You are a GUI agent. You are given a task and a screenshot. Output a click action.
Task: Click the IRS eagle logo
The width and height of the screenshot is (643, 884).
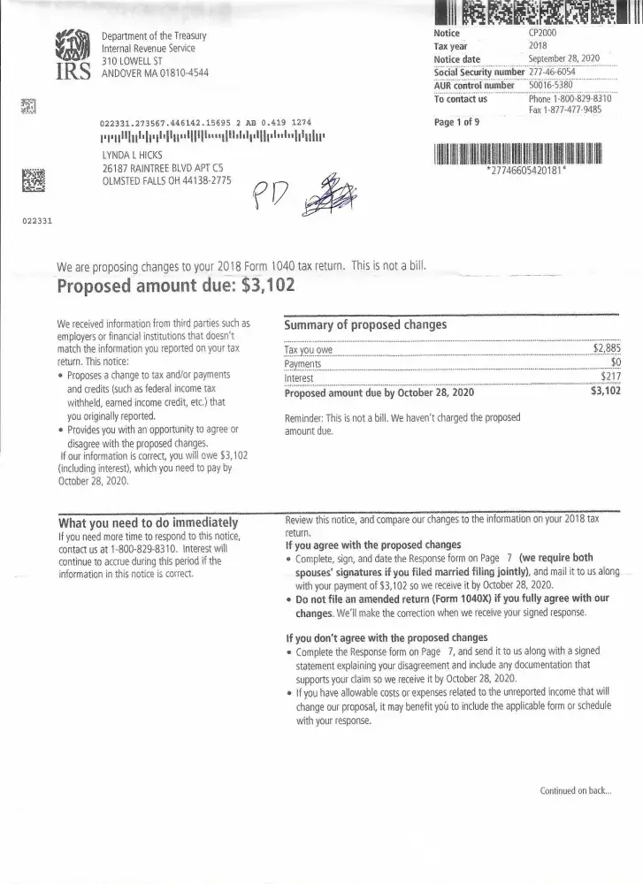coord(73,53)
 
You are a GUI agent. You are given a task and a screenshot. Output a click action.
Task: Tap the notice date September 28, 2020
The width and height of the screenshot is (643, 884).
coord(563,58)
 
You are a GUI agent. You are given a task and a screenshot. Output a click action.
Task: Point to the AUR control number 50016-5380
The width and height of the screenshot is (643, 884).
coord(550,85)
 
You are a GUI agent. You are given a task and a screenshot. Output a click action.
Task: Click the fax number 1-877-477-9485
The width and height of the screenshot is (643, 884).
coord(570,110)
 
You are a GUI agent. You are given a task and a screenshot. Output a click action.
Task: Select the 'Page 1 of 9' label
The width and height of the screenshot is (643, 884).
coord(456,123)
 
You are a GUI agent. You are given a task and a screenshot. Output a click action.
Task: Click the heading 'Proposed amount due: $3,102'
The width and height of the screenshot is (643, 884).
coord(175,286)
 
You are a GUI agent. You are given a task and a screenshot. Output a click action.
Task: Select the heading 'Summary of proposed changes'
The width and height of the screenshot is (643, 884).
coord(365,324)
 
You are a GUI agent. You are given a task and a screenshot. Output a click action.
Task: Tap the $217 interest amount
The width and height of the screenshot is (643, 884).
coord(609,377)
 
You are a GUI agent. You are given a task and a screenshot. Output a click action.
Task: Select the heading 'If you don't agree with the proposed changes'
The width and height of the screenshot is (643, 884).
coord(387,637)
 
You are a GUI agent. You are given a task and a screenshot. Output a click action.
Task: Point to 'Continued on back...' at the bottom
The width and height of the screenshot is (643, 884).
coord(575,790)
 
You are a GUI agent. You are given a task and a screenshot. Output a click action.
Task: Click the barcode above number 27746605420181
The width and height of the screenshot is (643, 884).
coord(517,152)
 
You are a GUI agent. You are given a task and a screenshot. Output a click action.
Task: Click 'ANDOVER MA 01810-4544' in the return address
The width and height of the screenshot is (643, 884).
coord(156,72)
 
